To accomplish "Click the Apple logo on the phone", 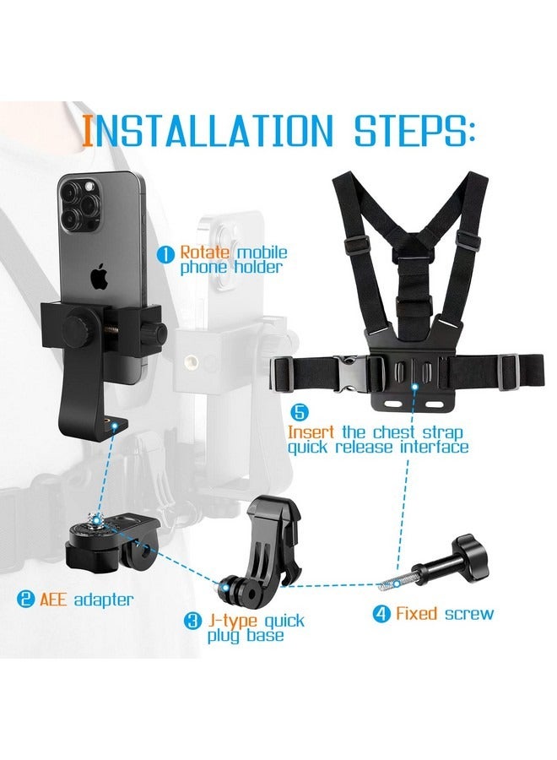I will (x=100, y=277).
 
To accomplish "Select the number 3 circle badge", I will (x=193, y=622).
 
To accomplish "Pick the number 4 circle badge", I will (x=381, y=613).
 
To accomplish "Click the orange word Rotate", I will (x=203, y=252).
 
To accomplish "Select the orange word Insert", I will (x=314, y=431).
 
